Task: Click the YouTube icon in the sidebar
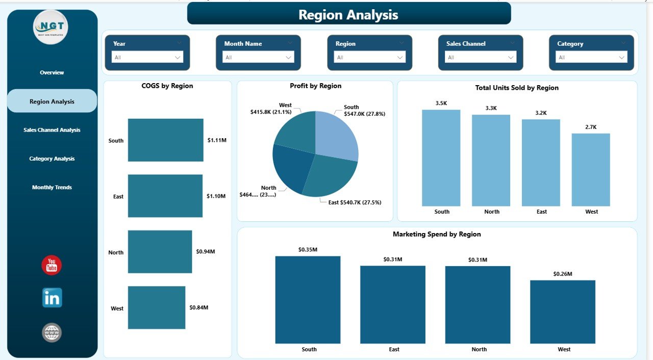(x=52, y=266)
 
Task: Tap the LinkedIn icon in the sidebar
(x=52, y=298)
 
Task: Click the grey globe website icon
(x=52, y=332)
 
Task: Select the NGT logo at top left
(x=51, y=27)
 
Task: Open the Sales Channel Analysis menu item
(x=52, y=130)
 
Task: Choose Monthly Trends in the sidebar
(x=52, y=188)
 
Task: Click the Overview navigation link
(x=52, y=73)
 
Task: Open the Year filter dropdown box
(x=147, y=58)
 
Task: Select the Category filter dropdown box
(x=591, y=58)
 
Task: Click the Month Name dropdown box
(x=258, y=58)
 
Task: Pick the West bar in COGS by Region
(x=157, y=307)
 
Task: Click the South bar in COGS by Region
(x=165, y=140)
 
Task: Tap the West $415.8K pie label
(x=270, y=109)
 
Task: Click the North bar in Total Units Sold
(x=491, y=160)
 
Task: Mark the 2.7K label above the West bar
(x=591, y=127)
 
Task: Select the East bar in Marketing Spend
(x=392, y=304)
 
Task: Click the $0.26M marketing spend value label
(x=562, y=274)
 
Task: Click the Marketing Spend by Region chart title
(x=437, y=235)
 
